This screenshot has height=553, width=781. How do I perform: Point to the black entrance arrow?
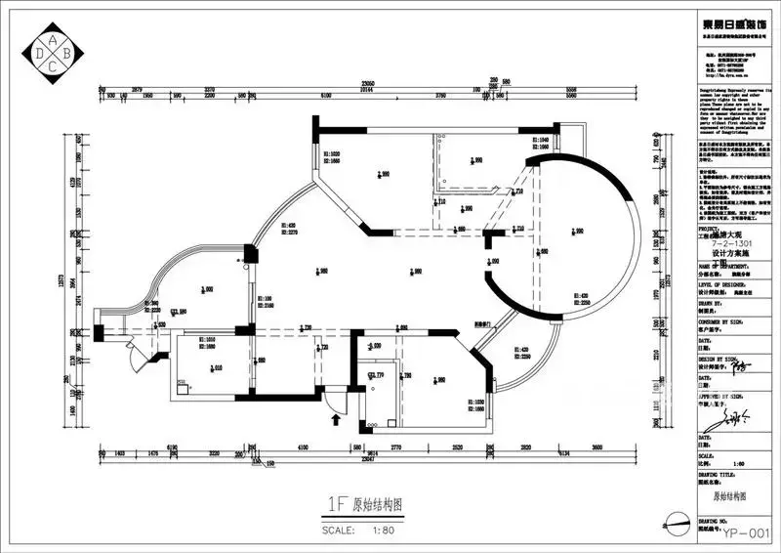tap(337, 420)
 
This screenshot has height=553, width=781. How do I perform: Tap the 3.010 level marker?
tap(216, 367)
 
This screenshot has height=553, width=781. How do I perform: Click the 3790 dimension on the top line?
tap(441, 96)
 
